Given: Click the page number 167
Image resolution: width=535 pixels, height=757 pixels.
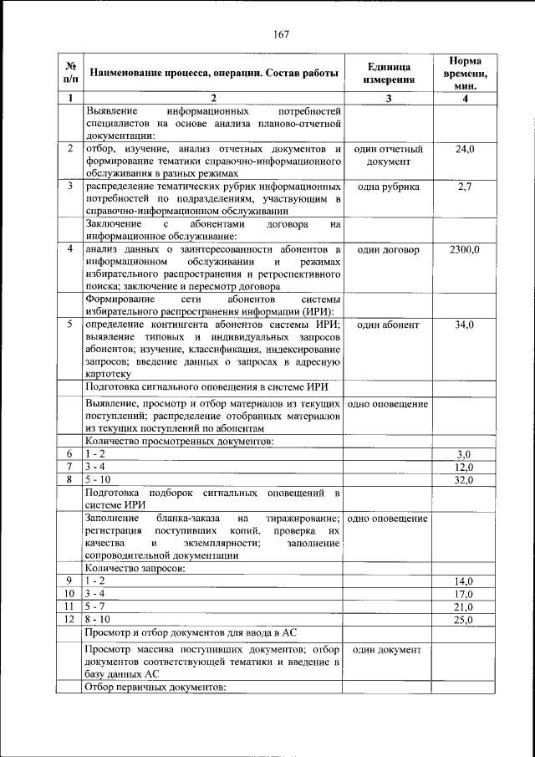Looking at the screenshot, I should coord(280,34).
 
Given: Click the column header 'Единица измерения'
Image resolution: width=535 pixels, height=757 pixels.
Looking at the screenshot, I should coord(389,74).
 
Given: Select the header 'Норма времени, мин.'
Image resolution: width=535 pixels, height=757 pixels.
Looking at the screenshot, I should coord(464,74).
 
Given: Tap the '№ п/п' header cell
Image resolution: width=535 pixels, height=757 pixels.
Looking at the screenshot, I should coord(70,74).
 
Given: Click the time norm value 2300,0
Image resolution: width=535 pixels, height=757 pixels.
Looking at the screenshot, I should coord(464,250).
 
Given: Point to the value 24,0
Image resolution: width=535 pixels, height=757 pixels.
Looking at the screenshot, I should coord(465,149).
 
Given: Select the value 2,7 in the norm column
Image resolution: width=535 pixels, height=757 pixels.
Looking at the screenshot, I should coord(465,187).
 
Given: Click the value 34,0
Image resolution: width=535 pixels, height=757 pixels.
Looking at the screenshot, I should coord(465,325).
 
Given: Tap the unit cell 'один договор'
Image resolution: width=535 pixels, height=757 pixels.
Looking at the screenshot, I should coord(389,250).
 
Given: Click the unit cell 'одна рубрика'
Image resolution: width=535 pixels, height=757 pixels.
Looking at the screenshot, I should coord(389,187).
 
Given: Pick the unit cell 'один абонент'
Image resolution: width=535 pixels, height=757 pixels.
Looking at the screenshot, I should coord(389,325).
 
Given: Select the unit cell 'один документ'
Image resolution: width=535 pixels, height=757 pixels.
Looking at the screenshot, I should coord(389,649).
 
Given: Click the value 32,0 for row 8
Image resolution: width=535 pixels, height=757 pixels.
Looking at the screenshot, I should coord(465,480).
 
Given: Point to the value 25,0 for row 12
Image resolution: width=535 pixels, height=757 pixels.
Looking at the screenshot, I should coord(464,620).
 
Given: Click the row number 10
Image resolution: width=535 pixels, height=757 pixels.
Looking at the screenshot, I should coord(70,593).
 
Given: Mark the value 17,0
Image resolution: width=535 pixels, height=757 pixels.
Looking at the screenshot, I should coord(464,593).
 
